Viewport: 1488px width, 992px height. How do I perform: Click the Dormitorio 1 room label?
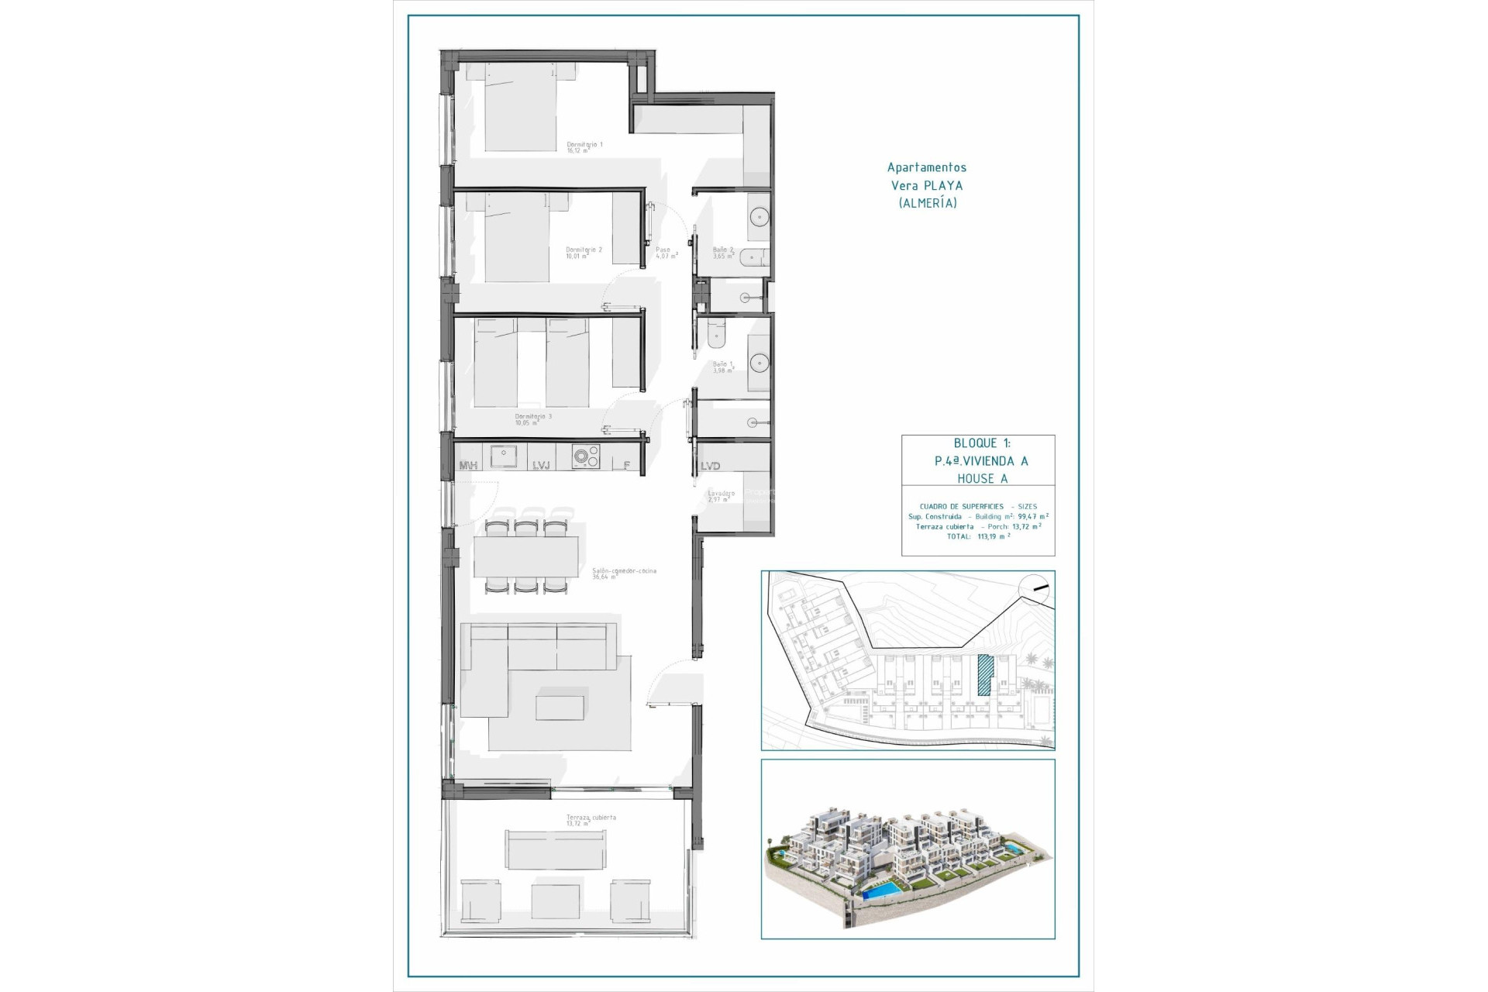(584, 146)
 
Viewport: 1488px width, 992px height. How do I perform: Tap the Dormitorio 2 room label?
(583, 252)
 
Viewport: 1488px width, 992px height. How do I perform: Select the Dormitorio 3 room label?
(533, 418)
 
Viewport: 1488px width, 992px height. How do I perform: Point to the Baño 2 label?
(722, 252)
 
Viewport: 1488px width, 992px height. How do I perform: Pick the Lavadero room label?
(721, 495)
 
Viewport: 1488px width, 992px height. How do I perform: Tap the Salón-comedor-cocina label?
(623, 573)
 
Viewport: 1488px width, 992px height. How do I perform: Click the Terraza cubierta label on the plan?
(591, 819)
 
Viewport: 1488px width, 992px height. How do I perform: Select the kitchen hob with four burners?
(586, 457)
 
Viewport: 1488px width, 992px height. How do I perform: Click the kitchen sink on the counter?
(504, 456)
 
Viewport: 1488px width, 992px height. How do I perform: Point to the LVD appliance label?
(710, 466)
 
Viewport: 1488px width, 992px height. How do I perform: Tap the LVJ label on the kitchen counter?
(541, 465)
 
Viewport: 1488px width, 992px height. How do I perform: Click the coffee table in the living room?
(559, 708)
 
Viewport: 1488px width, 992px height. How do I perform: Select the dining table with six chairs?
(526, 557)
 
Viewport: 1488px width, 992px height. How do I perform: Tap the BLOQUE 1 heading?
(981, 443)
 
